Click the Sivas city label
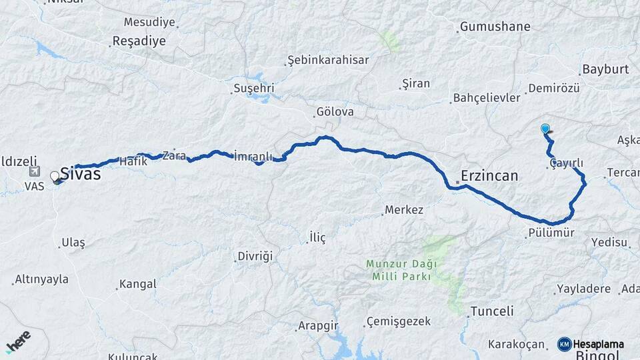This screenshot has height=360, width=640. pyautogui.click(x=81, y=175)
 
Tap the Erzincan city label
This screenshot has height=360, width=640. pyautogui.click(x=489, y=177)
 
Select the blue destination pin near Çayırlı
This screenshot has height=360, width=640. pyautogui.click(x=545, y=129)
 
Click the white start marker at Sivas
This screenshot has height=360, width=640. pyautogui.click(x=55, y=177)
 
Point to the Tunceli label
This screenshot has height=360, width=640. pyautogui.click(x=492, y=311)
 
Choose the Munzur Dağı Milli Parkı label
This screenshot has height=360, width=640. pyautogui.click(x=398, y=270)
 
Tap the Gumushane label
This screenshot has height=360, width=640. pyautogui.click(x=495, y=27)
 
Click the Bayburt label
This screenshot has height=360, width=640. pyautogui.click(x=605, y=69)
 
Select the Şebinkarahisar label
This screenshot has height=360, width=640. pyautogui.click(x=328, y=60)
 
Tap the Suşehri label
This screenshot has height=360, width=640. pyautogui.click(x=253, y=89)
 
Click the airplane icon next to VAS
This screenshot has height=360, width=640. pyautogui.click(x=35, y=171)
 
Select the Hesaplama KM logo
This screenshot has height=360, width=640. pyautogui.click(x=591, y=344)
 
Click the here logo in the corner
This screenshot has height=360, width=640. pyautogui.click(x=18, y=341)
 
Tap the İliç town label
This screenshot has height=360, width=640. pyautogui.click(x=317, y=238)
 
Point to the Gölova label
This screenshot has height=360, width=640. pyautogui.click(x=335, y=112)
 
